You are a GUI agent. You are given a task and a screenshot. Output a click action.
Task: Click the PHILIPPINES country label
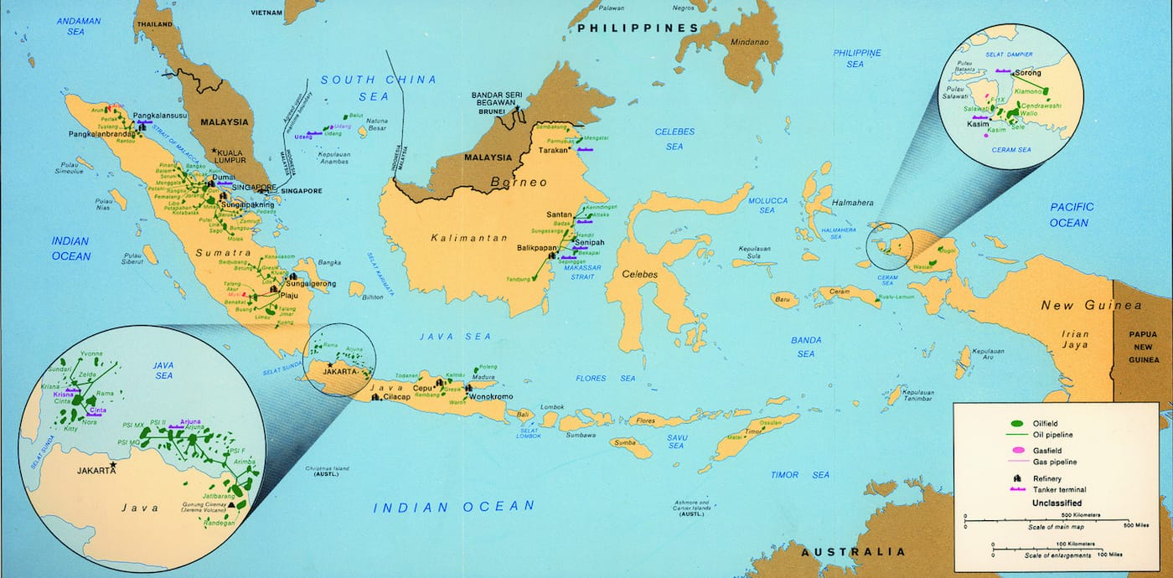coord(637,28)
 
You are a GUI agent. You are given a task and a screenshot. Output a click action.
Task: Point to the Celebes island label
coord(639,274)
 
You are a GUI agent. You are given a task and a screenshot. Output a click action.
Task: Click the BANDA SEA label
coord(805,347)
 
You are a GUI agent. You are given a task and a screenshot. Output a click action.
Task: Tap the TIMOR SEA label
coord(800,475)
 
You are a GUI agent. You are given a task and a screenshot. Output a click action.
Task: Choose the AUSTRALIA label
coord(853,552)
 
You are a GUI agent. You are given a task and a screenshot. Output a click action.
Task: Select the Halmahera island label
coord(853,203)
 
